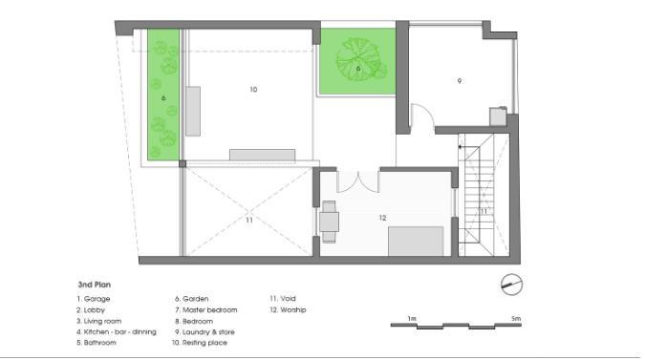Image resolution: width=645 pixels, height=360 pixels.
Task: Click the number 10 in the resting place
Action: pos(253,89)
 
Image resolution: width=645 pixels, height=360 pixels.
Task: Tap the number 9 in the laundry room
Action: pos(460,81)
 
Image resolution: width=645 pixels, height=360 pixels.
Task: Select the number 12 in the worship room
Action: pos(382,218)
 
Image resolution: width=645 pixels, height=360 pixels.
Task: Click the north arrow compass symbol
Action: pos(512,285)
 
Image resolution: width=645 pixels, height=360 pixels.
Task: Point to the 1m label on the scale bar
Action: pos(412,319)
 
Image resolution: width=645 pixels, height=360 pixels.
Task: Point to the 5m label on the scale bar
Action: pos(516,319)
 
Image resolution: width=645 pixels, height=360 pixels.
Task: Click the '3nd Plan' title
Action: pos(95,285)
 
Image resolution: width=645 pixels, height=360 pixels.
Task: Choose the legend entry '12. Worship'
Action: pos(288,309)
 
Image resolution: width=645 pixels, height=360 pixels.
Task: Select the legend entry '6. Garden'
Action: pos(192,299)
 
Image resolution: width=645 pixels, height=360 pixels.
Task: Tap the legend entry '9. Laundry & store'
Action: pos(204,332)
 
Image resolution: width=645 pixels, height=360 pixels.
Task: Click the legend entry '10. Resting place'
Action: pos(200,343)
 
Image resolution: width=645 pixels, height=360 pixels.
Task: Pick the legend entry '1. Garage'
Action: pos(94,299)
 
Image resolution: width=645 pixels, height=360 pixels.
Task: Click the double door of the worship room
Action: pos(358,181)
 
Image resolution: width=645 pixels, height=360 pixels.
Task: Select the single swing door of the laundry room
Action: pos(422,116)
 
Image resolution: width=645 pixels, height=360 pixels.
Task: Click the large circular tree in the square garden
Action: pos(358,59)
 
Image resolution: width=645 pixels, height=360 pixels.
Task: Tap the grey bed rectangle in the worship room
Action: pos(416,242)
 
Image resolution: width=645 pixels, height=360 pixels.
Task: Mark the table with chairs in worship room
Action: pos(329,222)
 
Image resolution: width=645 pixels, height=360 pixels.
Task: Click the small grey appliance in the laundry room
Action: pos(498,116)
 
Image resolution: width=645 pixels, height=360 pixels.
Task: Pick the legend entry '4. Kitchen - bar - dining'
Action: pos(117,332)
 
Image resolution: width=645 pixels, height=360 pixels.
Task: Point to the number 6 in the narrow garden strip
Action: pos(163,98)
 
